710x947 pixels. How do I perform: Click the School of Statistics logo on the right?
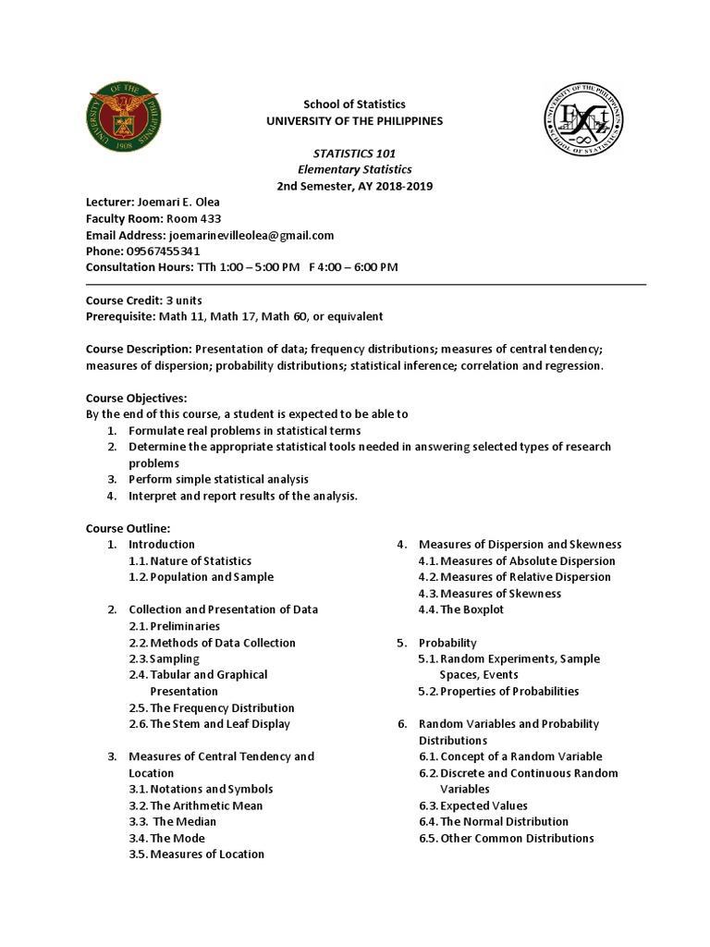point(584,120)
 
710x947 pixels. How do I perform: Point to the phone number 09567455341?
point(163,252)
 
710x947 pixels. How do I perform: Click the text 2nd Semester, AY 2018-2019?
point(354,186)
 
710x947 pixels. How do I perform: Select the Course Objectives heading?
point(136,398)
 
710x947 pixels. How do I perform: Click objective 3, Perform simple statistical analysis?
point(218,479)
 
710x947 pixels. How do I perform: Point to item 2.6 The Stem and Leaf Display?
point(209,724)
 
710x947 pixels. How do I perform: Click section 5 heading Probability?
point(447,642)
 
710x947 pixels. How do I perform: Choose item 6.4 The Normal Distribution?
point(504,821)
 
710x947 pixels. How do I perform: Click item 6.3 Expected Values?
point(484,806)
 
